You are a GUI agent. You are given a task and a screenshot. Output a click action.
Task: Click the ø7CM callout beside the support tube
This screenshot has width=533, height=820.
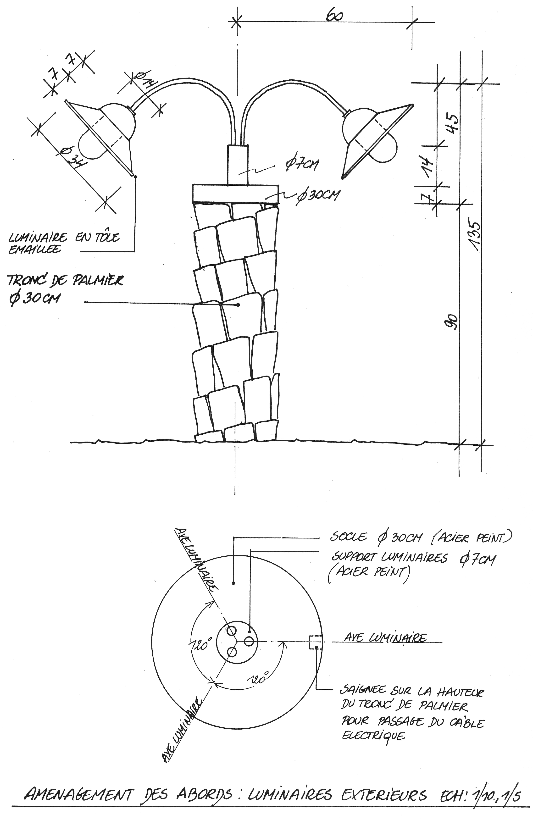point(301,164)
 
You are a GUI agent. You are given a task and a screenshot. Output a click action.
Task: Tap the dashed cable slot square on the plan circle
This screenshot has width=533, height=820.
point(316,642)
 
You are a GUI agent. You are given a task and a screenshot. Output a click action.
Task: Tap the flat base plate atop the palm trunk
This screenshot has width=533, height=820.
point(236,194)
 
